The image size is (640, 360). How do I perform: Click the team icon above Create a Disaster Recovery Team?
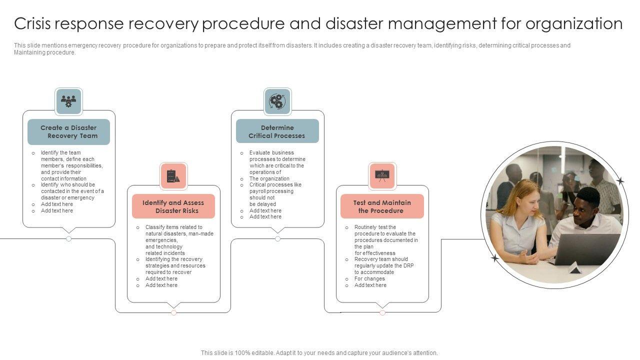pos(68,101)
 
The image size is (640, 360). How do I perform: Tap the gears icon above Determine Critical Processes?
pos(277,101)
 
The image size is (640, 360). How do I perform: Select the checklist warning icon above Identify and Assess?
pos(173,176)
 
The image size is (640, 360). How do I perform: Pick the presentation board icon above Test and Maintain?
pos(382,175)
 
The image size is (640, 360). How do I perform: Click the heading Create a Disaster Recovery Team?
pos(68,132)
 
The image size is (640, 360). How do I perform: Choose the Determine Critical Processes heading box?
pos(277,132)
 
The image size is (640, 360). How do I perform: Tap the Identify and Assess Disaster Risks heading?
pos(173,206)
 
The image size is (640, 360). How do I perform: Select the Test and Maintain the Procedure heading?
pos(382,206)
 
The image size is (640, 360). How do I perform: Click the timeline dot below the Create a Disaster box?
pos(68,239)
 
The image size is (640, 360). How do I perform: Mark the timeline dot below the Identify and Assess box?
pos(173,312)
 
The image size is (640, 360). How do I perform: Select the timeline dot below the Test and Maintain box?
pos(382,312)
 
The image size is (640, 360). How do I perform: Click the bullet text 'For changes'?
pos(369,278)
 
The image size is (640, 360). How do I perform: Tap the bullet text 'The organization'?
pos(269,178)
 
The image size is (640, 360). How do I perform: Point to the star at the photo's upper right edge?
pos(620,180)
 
